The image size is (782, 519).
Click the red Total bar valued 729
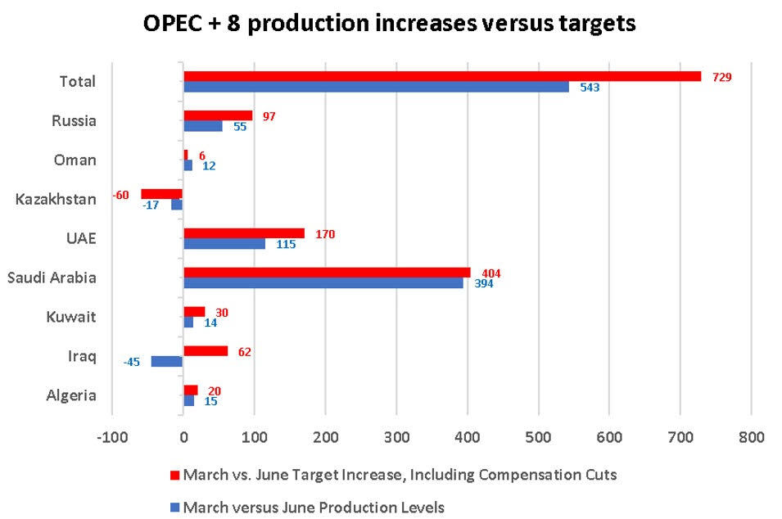[x=442, y=76]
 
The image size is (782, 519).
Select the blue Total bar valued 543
[x=376, y=87]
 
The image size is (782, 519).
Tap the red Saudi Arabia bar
[x=327, y=273]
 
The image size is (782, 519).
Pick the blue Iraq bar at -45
[x=167, y=361]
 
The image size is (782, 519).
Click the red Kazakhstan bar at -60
[x=161, y=194]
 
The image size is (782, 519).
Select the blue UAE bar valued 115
[x=224, y=244]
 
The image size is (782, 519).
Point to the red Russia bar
[x=218, y=115]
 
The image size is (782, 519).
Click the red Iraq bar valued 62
[x=206, y=351]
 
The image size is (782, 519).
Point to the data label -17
[x=150, y=205]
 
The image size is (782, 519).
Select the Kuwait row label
[x=75, y=317]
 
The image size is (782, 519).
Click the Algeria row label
[x=71, y=395]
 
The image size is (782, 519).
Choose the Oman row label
[x=75, y=160]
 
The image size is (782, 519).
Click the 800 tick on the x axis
[x=751, y=437]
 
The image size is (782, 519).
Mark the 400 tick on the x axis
[x=467, y=437]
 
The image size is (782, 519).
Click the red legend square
[x=174, y=475]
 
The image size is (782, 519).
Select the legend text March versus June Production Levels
[x=314, y=508]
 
